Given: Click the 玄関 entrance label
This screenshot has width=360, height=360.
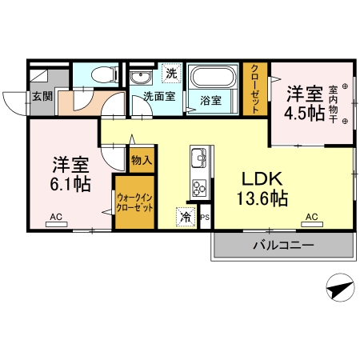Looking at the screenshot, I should pyautogui.click(x=42, y=97).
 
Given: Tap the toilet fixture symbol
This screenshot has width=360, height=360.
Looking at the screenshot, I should pyautogui.click(x=101, y=76).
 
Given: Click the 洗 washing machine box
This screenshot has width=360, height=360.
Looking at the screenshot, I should pyautogui.click(x=171, y=73).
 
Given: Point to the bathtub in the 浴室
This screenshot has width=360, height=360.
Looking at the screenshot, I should pyautogui.click(x=213, y=79).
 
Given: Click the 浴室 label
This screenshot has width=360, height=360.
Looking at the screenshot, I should pyautogui.click(x=211, y=101).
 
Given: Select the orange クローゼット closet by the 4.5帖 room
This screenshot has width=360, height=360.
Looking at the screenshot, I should pyautogui.click(x=254, y=89).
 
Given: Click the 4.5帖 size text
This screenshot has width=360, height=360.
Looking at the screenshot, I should pyautogui.click(x=304, y=113).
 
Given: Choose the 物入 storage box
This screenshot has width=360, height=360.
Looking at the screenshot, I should pyautogui.click(x=142, y=161).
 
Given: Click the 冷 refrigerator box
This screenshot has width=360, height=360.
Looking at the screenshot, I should pyautogui.click(x=186, y=216).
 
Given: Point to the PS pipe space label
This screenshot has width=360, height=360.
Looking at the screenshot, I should pyautogui.click(x=205, y=217).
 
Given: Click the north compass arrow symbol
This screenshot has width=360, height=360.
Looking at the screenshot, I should pyautogui.click(x=339, y=287).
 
